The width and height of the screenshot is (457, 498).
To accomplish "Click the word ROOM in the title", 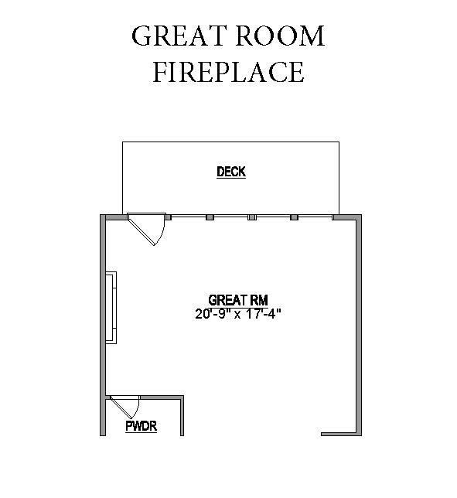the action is [x=280, y=36].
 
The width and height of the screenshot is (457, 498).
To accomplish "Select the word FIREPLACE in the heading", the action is [x=229, y=72].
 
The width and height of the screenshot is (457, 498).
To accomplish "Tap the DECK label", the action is [x=231, y=172].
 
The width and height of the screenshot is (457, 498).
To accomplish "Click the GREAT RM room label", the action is [x=238, y=300].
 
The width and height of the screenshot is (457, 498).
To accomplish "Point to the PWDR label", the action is [x=142, y=426].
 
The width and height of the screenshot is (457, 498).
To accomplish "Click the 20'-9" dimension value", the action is [x=213, y=314].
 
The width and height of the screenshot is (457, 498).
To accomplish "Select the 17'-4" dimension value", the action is [x=264, y=314].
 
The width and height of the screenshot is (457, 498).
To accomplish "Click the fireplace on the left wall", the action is [x=111, y=308].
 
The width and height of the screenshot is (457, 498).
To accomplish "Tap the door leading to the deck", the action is [x=146, y=229].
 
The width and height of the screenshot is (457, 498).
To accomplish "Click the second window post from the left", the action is [x=210, y=217].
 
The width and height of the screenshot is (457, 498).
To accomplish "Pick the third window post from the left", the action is [x=252, y=217].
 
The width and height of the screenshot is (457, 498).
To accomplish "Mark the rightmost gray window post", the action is [x=295, y=217].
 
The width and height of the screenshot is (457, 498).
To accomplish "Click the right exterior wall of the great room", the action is [x=359, y=325].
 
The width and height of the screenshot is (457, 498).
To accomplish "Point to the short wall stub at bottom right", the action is [x=339, y=434].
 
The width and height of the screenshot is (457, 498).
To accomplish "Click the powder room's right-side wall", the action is [x=182, y=417].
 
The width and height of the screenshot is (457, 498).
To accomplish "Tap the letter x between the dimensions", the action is [x=238, y=315].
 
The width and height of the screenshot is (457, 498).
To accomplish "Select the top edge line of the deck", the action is [x=231, y=142].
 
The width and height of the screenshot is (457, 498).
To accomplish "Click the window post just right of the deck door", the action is [x=169, y=217].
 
